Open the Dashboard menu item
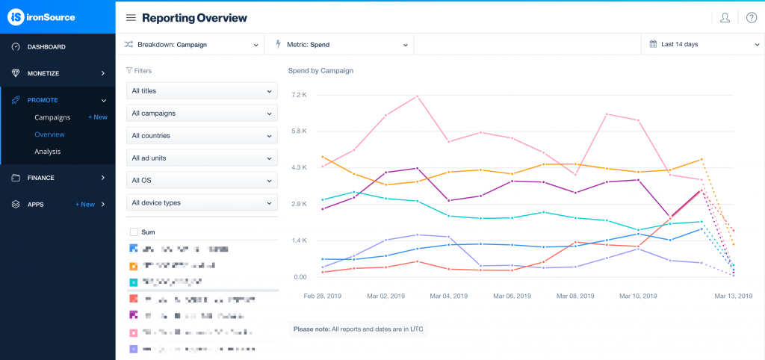46,47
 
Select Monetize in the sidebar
43,73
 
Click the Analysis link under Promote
47,152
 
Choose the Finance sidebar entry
41,178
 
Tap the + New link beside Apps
84,204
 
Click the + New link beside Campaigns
97,117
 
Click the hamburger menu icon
131,18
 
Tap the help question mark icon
751,18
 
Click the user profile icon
725,18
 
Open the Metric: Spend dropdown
342,45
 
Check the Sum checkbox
134,232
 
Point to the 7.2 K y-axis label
300,95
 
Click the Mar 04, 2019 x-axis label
448,296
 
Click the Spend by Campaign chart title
320,71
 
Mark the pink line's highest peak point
417,96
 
